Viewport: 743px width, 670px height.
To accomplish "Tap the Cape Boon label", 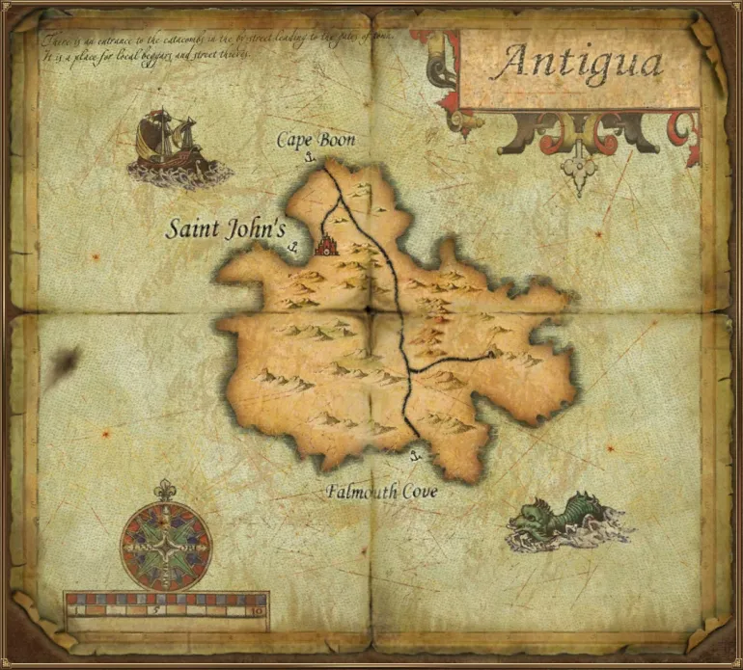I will point(316,141).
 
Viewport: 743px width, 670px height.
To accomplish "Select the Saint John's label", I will point(226,230).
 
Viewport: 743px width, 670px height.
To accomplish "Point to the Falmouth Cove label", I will point(381,493).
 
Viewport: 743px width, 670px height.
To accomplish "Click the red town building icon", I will point(326,245).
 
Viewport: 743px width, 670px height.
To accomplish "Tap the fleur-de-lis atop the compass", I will point(166,489).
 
